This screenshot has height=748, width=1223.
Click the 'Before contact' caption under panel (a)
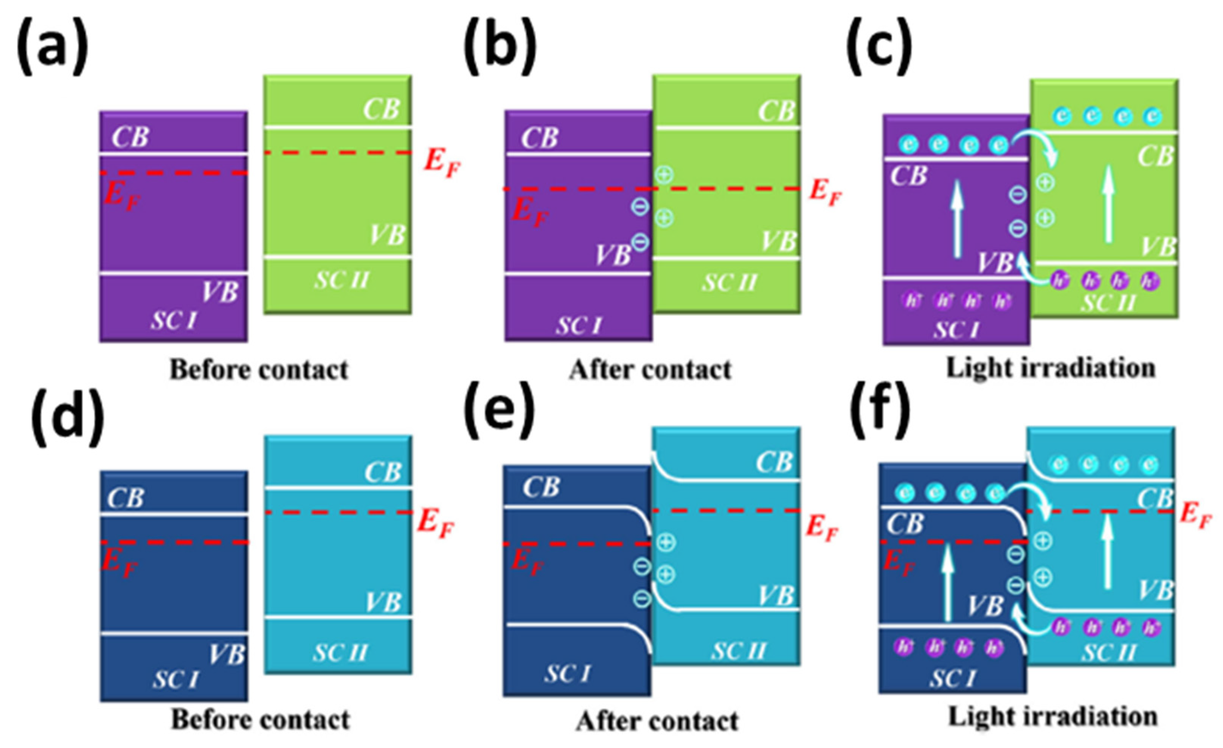tap(259, 370)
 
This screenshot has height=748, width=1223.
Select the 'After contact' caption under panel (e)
tap(657, 722)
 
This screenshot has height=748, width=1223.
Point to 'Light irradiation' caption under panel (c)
tap(1051, 369)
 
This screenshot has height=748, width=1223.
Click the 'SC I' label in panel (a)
tap(174, 321)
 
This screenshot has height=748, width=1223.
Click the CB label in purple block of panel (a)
tap(130, 137)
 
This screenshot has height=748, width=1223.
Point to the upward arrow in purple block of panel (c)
tap(957, 219)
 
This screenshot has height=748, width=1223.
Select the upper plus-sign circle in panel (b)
tap(664, 175)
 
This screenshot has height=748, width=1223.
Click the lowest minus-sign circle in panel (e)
tap(641, 599)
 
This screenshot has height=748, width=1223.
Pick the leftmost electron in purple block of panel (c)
tap(908, 145)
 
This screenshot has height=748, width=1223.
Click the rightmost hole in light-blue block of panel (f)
tap(1150, 627)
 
